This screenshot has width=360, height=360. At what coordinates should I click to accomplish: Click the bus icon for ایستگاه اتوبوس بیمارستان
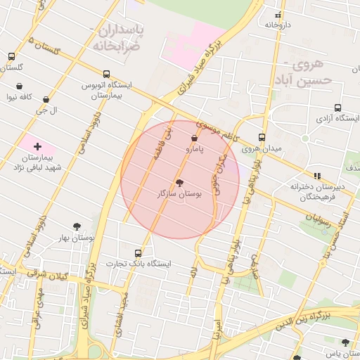pyautogui.click(x=106, y=74)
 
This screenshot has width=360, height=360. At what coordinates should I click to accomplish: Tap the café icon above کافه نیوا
pyautogui.click(x=20, y=86)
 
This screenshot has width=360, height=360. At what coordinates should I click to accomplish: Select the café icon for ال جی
pyautogui.click(x=46, y=100)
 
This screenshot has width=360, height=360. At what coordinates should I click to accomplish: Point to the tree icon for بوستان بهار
pyautogui.click(x=77, y=226)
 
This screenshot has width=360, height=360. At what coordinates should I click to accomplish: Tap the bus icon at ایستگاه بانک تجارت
pyautogui.click(x=138, y=252)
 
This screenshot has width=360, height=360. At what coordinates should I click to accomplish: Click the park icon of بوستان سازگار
pyautogui.click(x=179, y=181)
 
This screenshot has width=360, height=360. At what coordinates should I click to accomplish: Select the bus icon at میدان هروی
pyautogui.click(x=262, y=137)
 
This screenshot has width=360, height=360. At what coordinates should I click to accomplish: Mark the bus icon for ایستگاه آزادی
pyautogui.click(x=338, y=108)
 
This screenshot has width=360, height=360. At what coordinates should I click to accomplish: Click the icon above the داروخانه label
pyautogui.click(x=278, y=15)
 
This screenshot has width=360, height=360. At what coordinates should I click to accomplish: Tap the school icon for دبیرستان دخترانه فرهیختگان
pyautogui.click(x=316, y=176)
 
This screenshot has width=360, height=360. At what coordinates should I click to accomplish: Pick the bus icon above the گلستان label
pyautogui.click(x=12, y=57)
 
